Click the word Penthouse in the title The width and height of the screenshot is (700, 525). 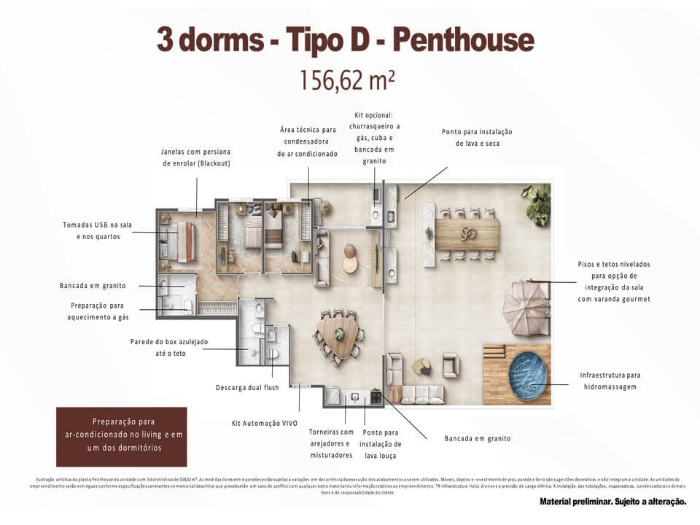[463, 40]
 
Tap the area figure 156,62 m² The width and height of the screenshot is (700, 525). [347, 79]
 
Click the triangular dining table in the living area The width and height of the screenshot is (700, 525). [340, 334]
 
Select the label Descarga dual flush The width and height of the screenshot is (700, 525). [247, 387]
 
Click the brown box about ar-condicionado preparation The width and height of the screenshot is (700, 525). [122, 437]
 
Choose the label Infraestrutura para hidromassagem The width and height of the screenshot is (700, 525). [611, 381]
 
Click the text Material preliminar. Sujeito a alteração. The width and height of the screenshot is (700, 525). [612, 502]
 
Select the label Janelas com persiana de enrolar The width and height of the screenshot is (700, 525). [195, 157]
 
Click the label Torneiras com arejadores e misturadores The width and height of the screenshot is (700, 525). [330, 443]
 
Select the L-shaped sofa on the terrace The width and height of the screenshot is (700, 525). [412, 384]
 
